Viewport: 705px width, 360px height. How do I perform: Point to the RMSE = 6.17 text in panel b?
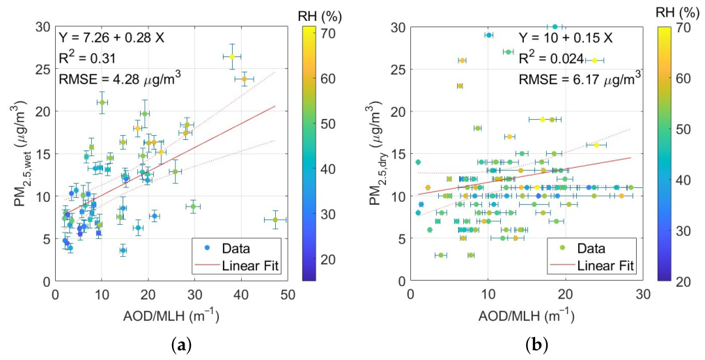(x=580, y=79)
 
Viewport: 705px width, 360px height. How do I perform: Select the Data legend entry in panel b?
(x=591, y=248)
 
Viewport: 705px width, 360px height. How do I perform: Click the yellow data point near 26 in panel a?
(x=232, y=56)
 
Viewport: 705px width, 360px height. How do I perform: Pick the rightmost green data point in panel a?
(x=275, y=220)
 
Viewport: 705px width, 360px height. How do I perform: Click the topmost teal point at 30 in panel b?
(x=555, y=26)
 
